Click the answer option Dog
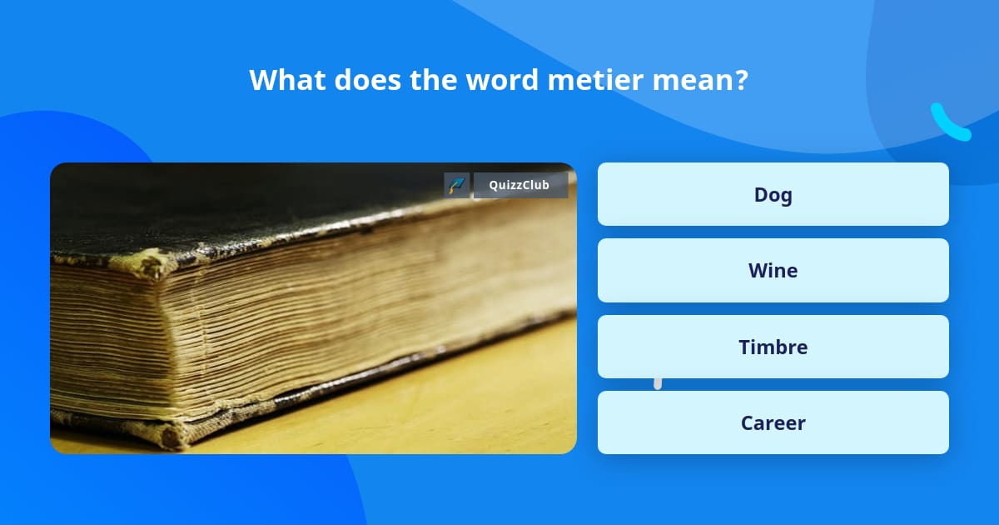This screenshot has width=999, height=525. pyautogui.click(x=773, y=195)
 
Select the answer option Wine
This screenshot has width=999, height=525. pyautogui.click(x=773, y=271)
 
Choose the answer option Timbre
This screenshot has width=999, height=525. pyautogui.click(x=773, y=347)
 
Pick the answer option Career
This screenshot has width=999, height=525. pyautogui.click(x=773, y=423)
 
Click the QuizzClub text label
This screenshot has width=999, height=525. pyautogui.click(x=519, y=185)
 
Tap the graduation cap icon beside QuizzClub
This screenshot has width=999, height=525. pyautogui.click(x=457, y=185)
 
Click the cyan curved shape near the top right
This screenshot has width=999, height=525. pyautogui.click(x=949, y=122)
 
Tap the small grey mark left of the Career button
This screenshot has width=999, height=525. pyautogui.click(x=658, y=383)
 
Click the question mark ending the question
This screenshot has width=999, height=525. pyautogui.click(x=740, y=80)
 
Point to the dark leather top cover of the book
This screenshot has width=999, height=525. pyautogui.click(x=250, y=204)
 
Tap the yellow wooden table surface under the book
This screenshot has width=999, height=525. pyautogui.click(x=466, y=400)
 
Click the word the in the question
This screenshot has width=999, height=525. pyautogui.click(x=434, y=80)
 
